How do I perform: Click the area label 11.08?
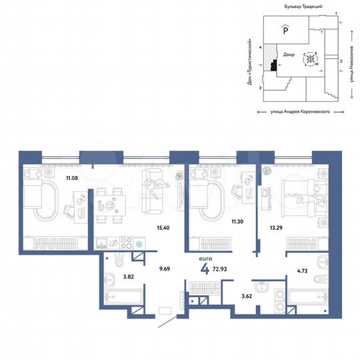71,178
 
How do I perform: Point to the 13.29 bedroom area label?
273,228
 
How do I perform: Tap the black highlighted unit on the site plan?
274,65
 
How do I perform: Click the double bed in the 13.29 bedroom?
303,197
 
